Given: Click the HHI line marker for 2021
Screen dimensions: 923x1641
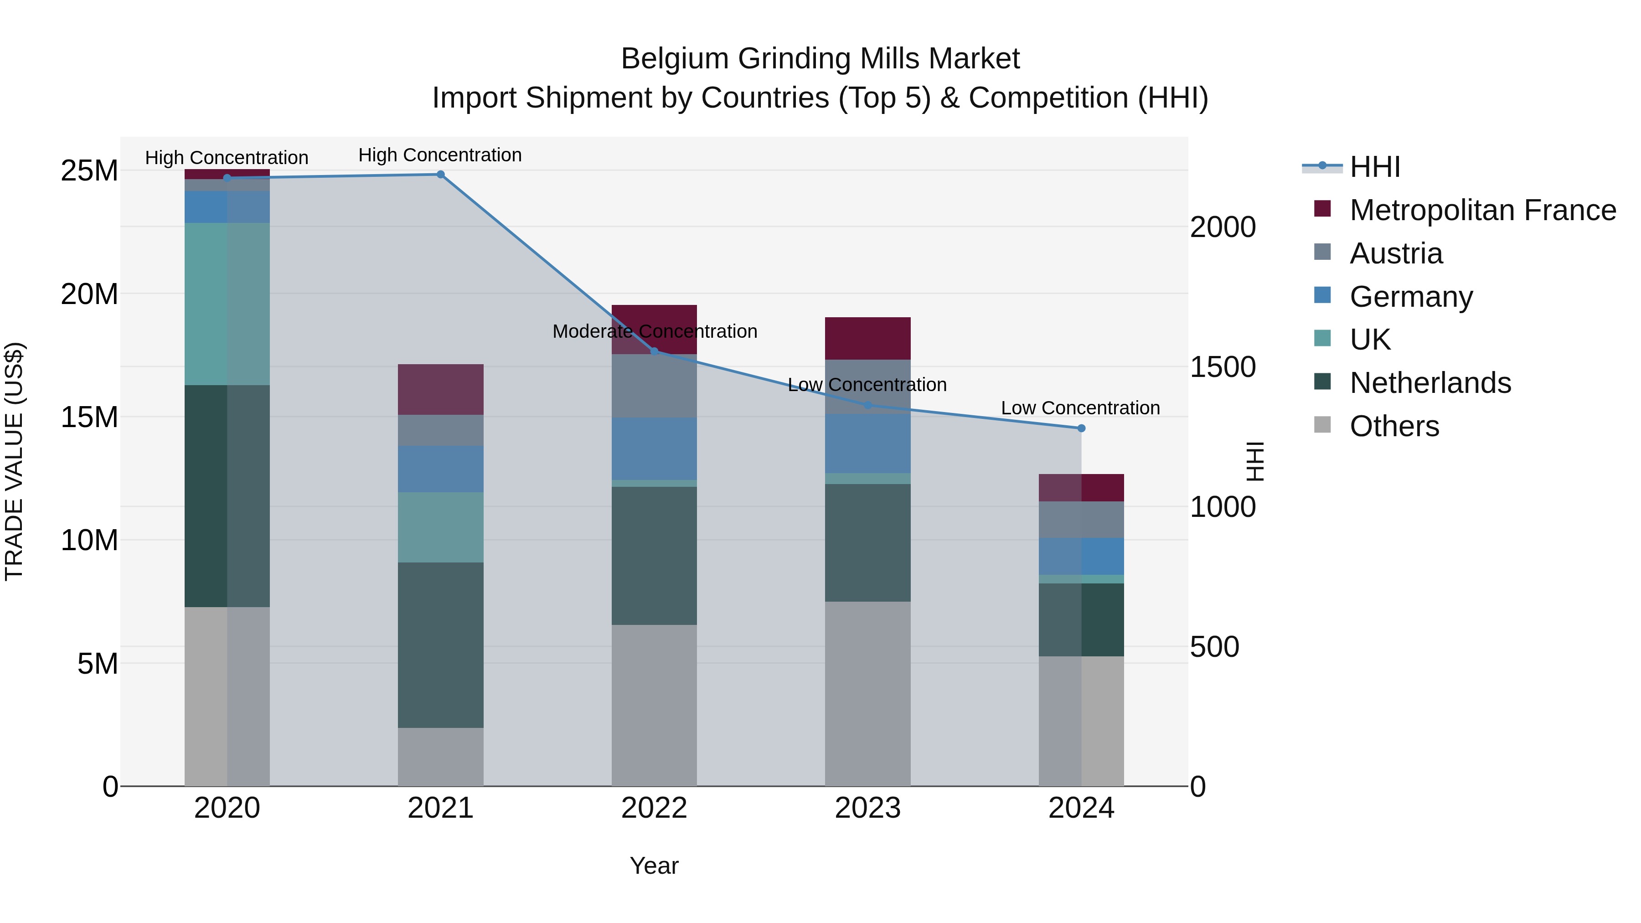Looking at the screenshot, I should point(440,175).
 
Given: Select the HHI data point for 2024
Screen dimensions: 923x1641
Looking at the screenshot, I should point(1081,428).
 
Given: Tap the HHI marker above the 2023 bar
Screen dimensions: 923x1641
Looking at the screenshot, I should point(867,405).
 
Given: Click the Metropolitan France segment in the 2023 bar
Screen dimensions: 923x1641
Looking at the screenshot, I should point(867,338).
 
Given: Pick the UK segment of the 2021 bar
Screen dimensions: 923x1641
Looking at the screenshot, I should point(440,527).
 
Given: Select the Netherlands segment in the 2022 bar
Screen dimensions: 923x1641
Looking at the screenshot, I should point(654,556).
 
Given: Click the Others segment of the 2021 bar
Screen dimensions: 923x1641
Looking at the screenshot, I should point(440,757).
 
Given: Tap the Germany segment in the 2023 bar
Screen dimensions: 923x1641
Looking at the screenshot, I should point(867,443).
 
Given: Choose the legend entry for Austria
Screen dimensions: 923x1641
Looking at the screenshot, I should point(1395,253).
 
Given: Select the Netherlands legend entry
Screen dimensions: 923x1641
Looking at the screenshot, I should point(1429,383).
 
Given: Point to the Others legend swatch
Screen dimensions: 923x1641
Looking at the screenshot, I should point(1322,425).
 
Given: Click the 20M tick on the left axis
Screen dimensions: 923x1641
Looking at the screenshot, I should point(89,294).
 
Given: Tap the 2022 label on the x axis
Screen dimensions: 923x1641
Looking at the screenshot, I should point(654,808).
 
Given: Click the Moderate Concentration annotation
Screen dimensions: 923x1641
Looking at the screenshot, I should point(654,331).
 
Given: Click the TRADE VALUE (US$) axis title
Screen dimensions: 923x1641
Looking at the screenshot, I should point(14,461).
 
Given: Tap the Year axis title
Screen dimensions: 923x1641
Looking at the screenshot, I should point(654,866).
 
